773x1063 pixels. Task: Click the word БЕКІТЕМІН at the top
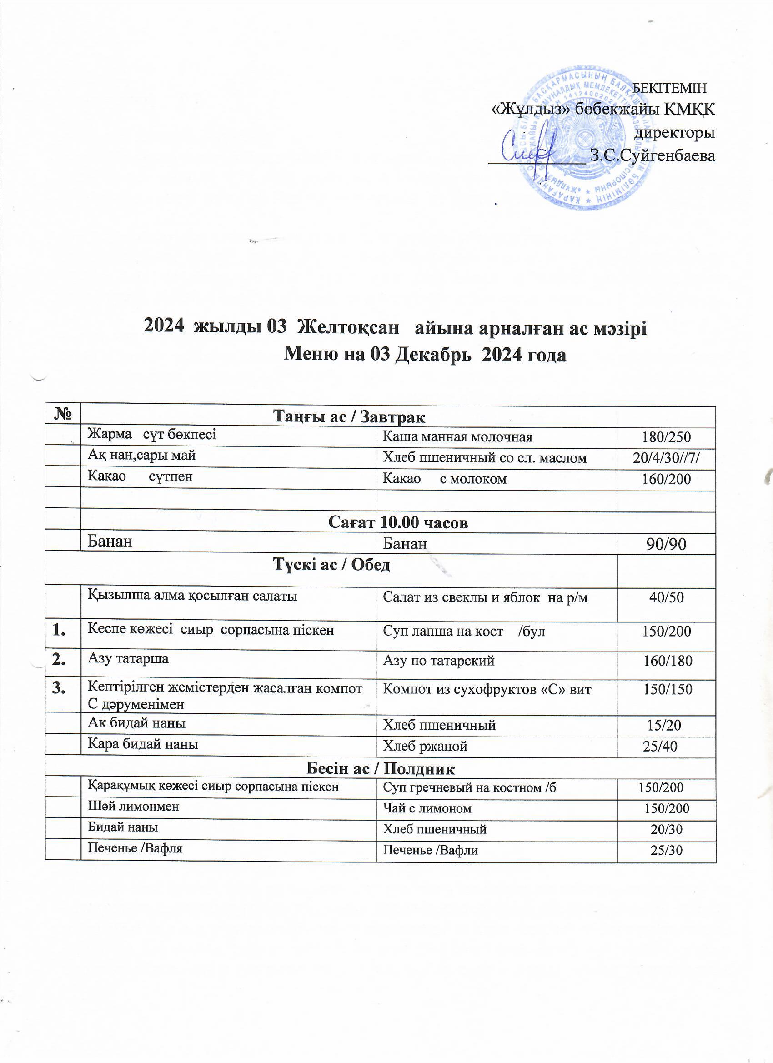(669, 88)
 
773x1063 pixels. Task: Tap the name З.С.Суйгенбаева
(653, 155)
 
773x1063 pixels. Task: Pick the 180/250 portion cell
(666, 437)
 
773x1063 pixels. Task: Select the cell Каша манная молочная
(457, 437)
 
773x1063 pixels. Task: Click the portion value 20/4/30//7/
(666, 458)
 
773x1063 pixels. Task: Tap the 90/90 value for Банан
(666, 544)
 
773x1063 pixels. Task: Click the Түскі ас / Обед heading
(331, 565)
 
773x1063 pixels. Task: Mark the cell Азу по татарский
(439, 661)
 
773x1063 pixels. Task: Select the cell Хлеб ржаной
(425, 746)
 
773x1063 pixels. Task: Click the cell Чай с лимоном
(427, 808)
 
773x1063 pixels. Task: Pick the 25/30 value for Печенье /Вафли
(666, 850)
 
